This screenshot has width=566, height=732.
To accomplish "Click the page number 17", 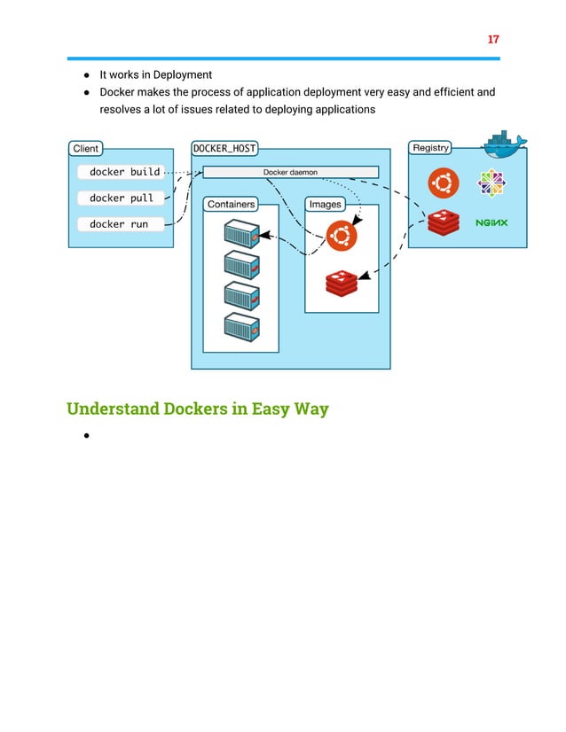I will pos(493,40).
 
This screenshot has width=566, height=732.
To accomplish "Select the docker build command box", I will pos(124,172).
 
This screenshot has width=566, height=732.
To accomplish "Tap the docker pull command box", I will pos(122,199).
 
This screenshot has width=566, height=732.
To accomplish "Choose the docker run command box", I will pos(119,224).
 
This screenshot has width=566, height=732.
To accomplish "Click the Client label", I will pos(86,148).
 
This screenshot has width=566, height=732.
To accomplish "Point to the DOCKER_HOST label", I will pos(224,148).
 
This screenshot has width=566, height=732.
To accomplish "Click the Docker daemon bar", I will pos(290,172).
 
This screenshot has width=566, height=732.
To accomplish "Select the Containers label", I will pos(231,205).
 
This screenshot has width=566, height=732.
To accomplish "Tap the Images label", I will pos(325,205).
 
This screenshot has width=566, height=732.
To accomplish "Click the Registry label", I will pos(430,148).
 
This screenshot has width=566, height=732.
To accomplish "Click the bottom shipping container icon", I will pos(240,327).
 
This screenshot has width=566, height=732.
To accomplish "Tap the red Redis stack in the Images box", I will pos(341,283).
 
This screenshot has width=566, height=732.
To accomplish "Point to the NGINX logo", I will pos(491,222).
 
